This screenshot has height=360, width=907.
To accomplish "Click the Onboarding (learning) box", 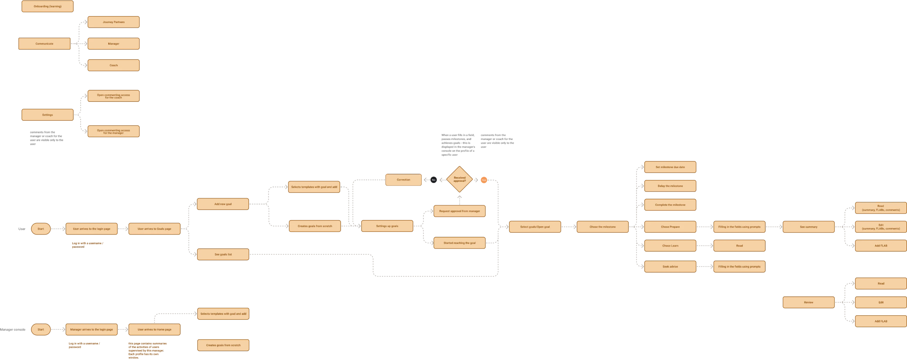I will coord(47,6).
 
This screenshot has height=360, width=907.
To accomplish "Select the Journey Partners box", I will coord(113,22).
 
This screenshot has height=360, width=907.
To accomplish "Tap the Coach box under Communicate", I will coord(113,65).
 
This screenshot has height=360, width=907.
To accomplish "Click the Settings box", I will coord(47,115).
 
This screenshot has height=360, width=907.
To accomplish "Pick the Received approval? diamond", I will coord(459,179).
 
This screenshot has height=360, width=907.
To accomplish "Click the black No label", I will coord(433,180).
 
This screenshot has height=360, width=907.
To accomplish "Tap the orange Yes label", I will coord(484,180).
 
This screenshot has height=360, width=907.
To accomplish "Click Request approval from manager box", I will coord(459,211).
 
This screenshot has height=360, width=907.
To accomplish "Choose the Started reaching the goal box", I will coord(459,243).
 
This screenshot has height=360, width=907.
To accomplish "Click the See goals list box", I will coord(223,254).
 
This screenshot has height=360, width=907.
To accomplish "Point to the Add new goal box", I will coord(223,204).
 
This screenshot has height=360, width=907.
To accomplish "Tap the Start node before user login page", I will coord(41,229).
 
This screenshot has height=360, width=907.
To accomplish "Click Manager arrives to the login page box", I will coord(92,329).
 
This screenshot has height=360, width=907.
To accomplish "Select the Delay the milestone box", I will coord(670,186).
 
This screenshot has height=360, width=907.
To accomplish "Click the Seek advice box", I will coord(670,267).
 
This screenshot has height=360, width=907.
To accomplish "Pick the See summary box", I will coord(808,227).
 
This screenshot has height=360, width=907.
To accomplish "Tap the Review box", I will coord(808,302).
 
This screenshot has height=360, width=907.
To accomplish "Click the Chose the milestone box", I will coord(602,227).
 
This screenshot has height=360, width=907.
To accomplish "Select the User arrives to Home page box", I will coord(154,329).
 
